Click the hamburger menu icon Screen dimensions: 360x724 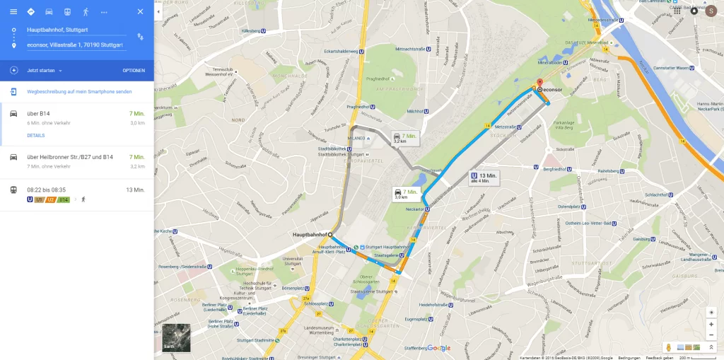tap(13, 12)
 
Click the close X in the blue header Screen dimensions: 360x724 tap(140, 12)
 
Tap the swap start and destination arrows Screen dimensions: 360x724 tap(140, 37)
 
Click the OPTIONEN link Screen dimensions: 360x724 tap(134, 71)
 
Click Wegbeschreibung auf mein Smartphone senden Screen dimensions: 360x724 tap(79, 92)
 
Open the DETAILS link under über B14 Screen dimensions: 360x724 tap(35, 135)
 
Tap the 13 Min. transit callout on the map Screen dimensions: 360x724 tap(484, 178)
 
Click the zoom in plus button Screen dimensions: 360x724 tap(711, 324)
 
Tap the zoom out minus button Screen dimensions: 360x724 tap(711, 335)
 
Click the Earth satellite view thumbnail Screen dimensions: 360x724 tap(176, 337)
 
